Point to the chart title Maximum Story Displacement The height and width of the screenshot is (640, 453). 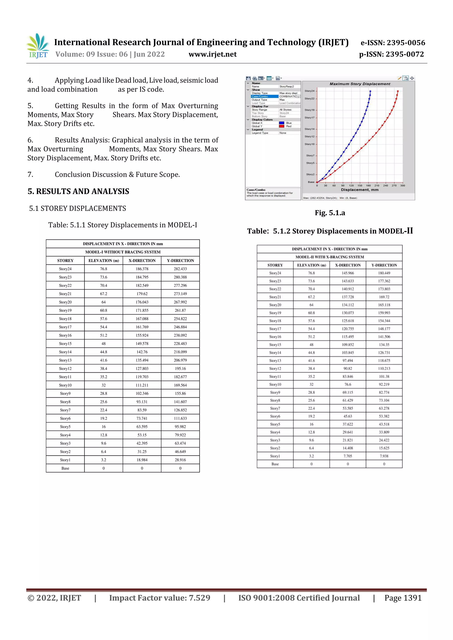360,84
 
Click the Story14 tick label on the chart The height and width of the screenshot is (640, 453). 309,129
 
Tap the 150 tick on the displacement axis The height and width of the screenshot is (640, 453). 360,186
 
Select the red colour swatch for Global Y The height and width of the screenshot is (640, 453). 282,126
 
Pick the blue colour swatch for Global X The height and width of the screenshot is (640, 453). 282,123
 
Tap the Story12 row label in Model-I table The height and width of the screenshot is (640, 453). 65,368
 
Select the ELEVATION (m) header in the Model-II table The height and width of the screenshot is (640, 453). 311,265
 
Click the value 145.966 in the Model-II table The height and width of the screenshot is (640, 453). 347,273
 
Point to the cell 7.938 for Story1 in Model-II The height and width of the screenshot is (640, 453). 384,456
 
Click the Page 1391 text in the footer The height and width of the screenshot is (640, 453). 403,598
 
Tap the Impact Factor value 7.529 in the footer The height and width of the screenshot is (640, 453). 159,598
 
